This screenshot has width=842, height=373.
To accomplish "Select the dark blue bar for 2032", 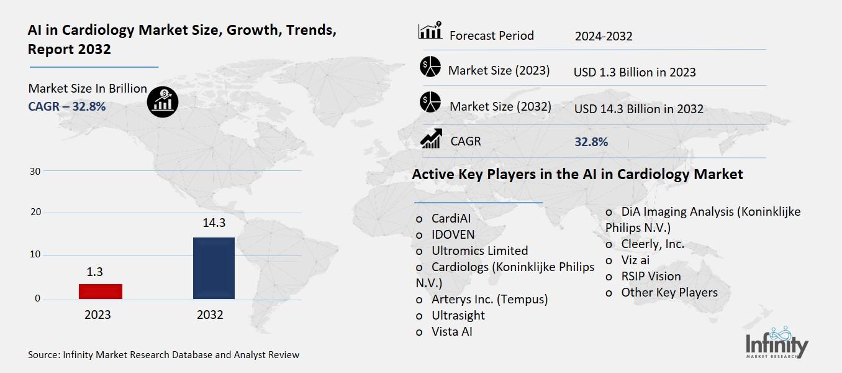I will [x=214, y=268].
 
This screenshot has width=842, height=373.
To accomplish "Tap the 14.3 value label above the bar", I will [x=214, y=223].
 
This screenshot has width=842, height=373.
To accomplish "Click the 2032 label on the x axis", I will [x=210, y=315].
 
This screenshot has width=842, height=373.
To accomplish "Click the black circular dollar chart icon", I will [x=163, y=101].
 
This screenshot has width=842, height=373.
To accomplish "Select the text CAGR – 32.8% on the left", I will [x=67, y=106].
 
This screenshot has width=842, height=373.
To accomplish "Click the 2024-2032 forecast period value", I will [x=603, y=36].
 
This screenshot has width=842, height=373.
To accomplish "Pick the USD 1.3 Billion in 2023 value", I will [x=634, y=72].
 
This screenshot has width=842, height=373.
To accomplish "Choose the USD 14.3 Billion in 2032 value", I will [x=638, y=109].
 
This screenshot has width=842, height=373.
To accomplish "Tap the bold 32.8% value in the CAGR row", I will [x=591, y=142].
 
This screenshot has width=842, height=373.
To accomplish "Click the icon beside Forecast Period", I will [x=430, y=30].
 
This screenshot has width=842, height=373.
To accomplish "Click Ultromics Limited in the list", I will [x=479, y=251].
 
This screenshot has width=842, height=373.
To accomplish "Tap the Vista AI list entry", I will [x=451, y=331].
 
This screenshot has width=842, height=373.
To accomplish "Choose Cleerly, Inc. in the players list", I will [x=652, y=244].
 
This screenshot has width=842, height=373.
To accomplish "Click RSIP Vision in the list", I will [x=651, y=276].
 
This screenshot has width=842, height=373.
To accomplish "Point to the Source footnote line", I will [x=163, y=355].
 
